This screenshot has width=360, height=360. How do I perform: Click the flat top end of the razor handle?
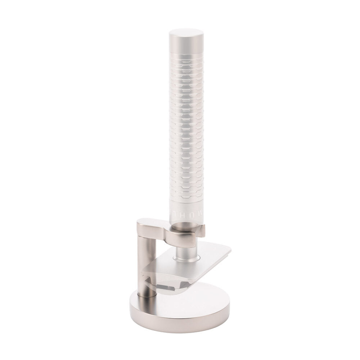[x=186, y=34]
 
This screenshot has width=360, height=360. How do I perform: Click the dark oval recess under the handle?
[x=186, y=226]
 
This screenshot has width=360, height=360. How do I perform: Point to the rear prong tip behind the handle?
[x=203, y=228]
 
